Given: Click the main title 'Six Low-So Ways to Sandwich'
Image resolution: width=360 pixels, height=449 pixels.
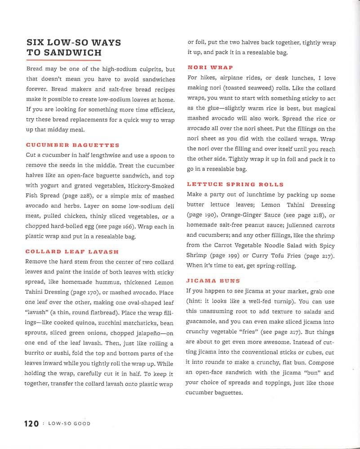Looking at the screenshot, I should pyautogui.click(x=74, y=48).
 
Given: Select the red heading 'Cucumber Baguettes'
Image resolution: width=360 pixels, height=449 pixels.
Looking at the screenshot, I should pyautogui.click(x=73, y=145).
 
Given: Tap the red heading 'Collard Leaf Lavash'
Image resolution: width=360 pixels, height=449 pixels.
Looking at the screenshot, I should pyautogui.click(x=72, y=251).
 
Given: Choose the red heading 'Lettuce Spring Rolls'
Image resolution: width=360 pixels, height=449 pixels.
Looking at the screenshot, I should pyautogui.click(x=235, y=185).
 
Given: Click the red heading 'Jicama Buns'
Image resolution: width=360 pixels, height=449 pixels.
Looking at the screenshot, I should pyautogui.click(x=213, y=281).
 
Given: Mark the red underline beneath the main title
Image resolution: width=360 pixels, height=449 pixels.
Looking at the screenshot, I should pyautogui.click(x=64, y=60).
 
